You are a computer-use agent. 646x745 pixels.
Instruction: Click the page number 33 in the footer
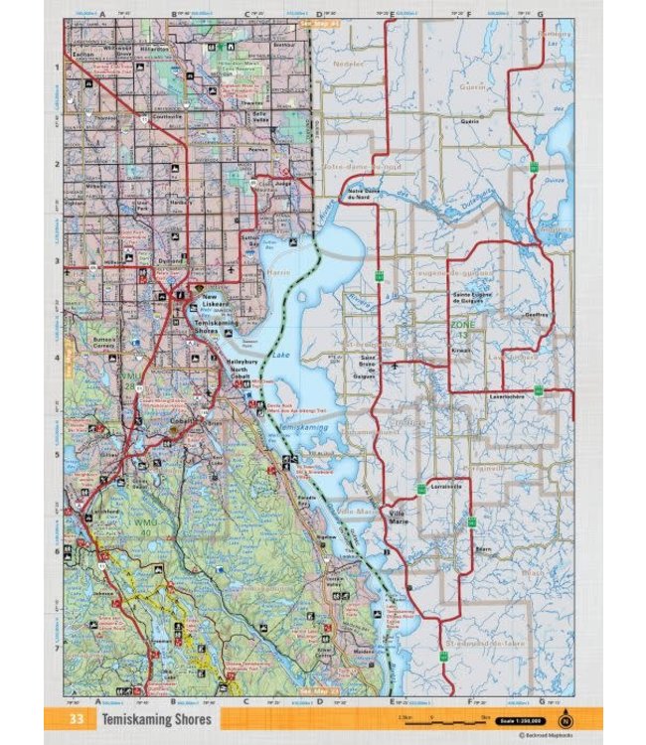tap(76, 718)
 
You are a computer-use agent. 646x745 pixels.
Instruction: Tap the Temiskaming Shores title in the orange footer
tap(154, 718)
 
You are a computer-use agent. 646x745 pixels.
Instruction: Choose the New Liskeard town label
tap(216, 300)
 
